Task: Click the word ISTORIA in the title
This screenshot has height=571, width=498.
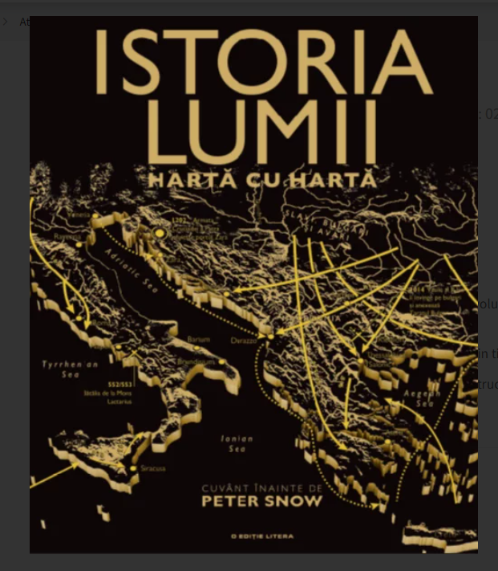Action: [264, 63]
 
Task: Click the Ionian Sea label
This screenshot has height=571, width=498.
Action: [237, 443]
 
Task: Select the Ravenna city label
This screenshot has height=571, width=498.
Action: [68, 237]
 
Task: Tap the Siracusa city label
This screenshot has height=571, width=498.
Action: [153, 468]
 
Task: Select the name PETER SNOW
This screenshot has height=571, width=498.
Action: [261, 502]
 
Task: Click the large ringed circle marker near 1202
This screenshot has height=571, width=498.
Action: [160, 233]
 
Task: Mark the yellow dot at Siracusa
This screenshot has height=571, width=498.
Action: [133, 467]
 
